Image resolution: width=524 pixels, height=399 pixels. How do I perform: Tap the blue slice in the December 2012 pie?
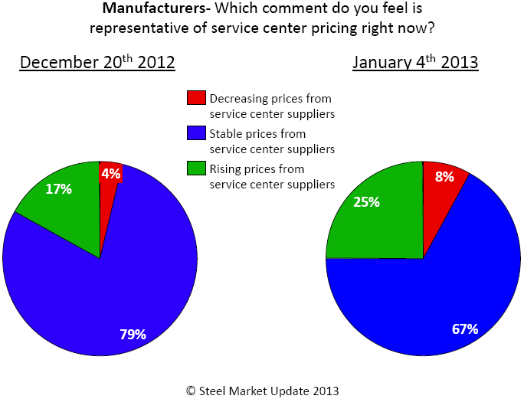[x=115, y=291]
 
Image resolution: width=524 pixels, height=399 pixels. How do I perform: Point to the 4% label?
[x=111, y=174]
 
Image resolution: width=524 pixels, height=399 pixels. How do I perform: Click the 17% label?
[x=57, y=188]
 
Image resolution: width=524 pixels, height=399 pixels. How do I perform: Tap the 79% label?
[x=133, y=334]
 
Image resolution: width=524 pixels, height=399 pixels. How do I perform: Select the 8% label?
[x=444, y=176]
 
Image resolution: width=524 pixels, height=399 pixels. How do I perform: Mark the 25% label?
[x=367, y=203]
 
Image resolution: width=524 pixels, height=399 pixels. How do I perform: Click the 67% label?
[x=465, y=329]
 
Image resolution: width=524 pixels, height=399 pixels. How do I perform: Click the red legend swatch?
[x=195, y=98]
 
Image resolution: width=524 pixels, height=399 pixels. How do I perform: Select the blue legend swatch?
[x=195, y=133]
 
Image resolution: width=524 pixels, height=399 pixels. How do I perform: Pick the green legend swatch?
[x=195, y=168]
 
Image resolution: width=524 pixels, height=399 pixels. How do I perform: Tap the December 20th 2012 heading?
[x=97, y=62]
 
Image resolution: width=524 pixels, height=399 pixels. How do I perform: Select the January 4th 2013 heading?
[x=415, y=62]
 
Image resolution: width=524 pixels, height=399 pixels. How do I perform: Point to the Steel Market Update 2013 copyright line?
[x=262, y=390]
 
